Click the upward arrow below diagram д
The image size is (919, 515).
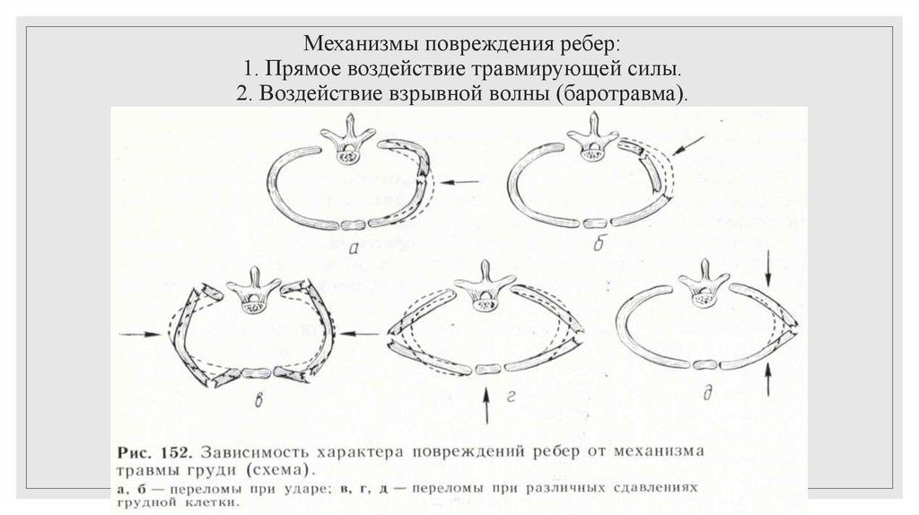(x=769, y=381)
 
